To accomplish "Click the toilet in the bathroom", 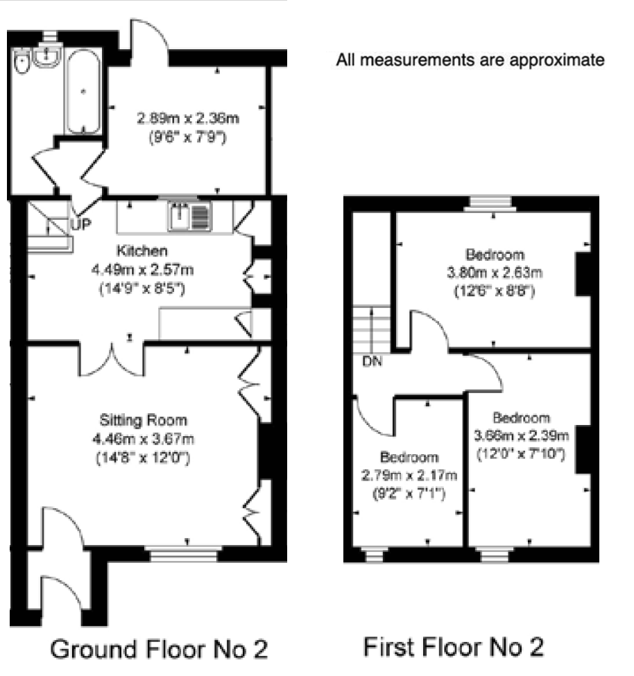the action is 22,61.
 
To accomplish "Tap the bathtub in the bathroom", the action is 83,92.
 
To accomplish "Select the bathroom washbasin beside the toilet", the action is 46,56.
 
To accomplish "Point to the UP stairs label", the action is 80,224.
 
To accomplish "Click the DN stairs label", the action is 372,361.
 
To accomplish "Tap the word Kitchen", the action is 142,250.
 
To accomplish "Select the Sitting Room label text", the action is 143,420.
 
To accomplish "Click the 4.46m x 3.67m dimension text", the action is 143,439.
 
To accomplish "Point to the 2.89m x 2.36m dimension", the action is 188,118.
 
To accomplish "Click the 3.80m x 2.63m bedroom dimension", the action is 495,272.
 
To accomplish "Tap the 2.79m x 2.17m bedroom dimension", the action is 409,475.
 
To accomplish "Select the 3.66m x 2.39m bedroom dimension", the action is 522,435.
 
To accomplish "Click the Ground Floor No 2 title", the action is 159,649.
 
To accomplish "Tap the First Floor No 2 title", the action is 453,647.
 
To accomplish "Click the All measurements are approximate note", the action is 470,60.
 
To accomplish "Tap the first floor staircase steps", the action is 372,329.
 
